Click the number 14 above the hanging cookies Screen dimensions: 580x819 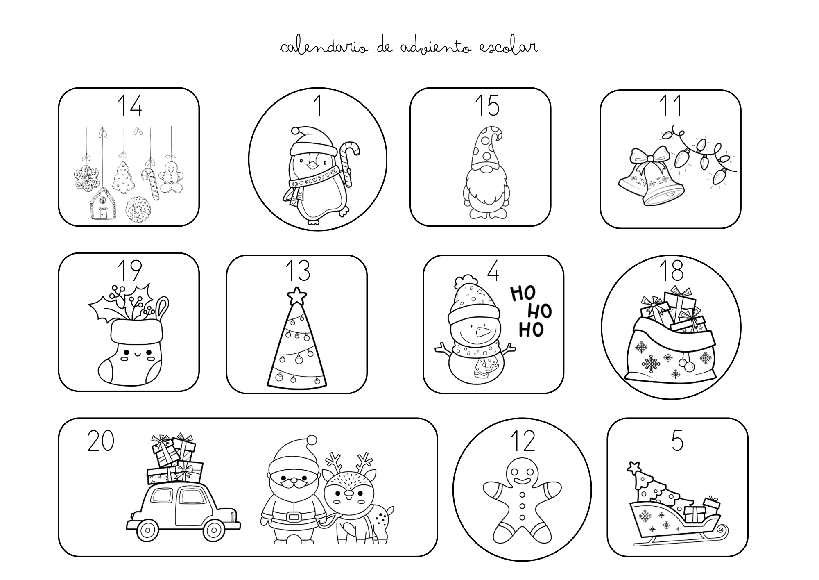[129, 105]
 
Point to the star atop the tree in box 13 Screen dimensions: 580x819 [296, 296]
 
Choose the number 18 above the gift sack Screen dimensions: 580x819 [671, 270]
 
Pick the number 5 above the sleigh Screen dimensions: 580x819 [677, 441]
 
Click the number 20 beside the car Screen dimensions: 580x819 [101, 441]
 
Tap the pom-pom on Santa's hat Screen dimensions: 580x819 [312, 441]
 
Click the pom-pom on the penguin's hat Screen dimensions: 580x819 [294, 131]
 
